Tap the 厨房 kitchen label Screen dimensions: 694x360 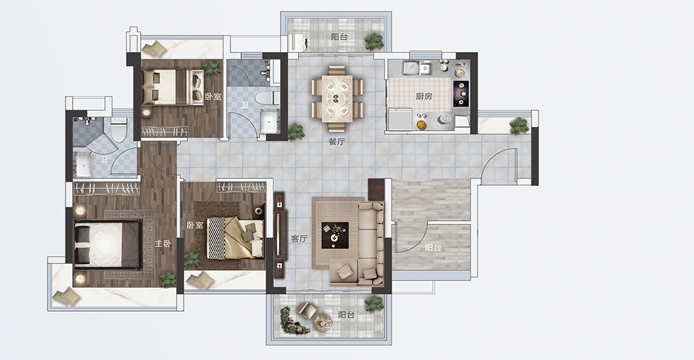pyautogui.click(x=424, y=96)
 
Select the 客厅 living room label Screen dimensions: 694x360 pyautogui.click(x=299, y=239)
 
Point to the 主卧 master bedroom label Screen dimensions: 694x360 pyautogui.click(x=163, y=244)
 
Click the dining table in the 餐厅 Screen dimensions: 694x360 pyautogui.click(x=337, y=98)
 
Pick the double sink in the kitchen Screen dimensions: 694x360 pyautogui.click(x=417, y=67)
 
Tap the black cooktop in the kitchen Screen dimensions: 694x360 pyautogui.click(x=461, y=94)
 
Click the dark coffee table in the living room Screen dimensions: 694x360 pyautogui.click(x=334, y=235)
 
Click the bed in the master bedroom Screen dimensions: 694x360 pyautogui.click(x=108, y=244)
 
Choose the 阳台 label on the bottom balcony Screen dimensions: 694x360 pyautogui.click(x=346, y=315)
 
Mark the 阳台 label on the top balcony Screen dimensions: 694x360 pyautogui.click(x=339, y=37)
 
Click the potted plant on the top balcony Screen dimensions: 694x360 pyautogui.click(x=375, y=41)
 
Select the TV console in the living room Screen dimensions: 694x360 pyautogui.click(x=280, y=234)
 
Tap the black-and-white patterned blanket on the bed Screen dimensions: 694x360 pyautogui.click(x=216, y=238)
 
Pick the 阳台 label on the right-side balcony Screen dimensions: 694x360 pyautogui.click(x=433, y=248)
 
